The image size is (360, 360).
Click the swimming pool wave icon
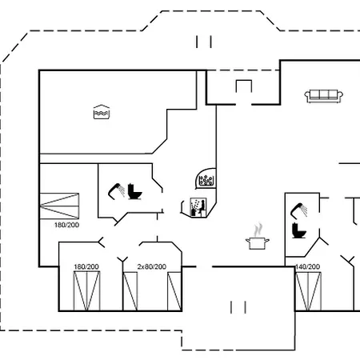pyautogui.click(x=102, y=112)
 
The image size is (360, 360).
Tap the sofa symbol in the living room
pyautogui.click(x=323, y=96)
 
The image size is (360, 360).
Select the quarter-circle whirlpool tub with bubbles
pyautogui.click(x=206, y=178)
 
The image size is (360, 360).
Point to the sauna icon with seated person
pyautogui.click(x=198, y=207)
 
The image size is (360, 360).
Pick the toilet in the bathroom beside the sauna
pyautogui.click(x=134, y=191)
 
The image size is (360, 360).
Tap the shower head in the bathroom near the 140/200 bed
pyautogui.click(x=298, y=210)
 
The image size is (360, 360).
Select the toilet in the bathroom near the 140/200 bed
pyautogui.click(x=298, y=230)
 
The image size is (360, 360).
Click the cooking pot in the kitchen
pyautogui.click(x=257, y=243)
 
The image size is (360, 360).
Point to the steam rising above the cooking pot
pyautogui.click(x=258, y=230)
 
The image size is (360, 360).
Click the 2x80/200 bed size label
pyautogui.click(x=152, y=266)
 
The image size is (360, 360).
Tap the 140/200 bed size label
pyautogui.click(x=307, y=266)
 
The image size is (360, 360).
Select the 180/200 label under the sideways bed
pyautogui.click(x=66, y=225)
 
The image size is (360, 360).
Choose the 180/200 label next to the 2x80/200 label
pyautogui.click(x=86, y=266)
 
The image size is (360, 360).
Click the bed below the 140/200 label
pyautogui.click(x=309, y=291)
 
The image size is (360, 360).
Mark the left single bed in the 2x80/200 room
pyautogui.click(x=130, y=291)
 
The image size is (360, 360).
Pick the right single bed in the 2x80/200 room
pyautogui.click(x=174, y=291)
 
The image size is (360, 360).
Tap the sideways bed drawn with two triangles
pyautogui.click(x=59, y=206)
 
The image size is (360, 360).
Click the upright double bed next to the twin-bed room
pyautogui.click(x=86, y=291)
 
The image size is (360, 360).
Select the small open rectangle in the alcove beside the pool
pyautogui.click(x=244, y=86)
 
